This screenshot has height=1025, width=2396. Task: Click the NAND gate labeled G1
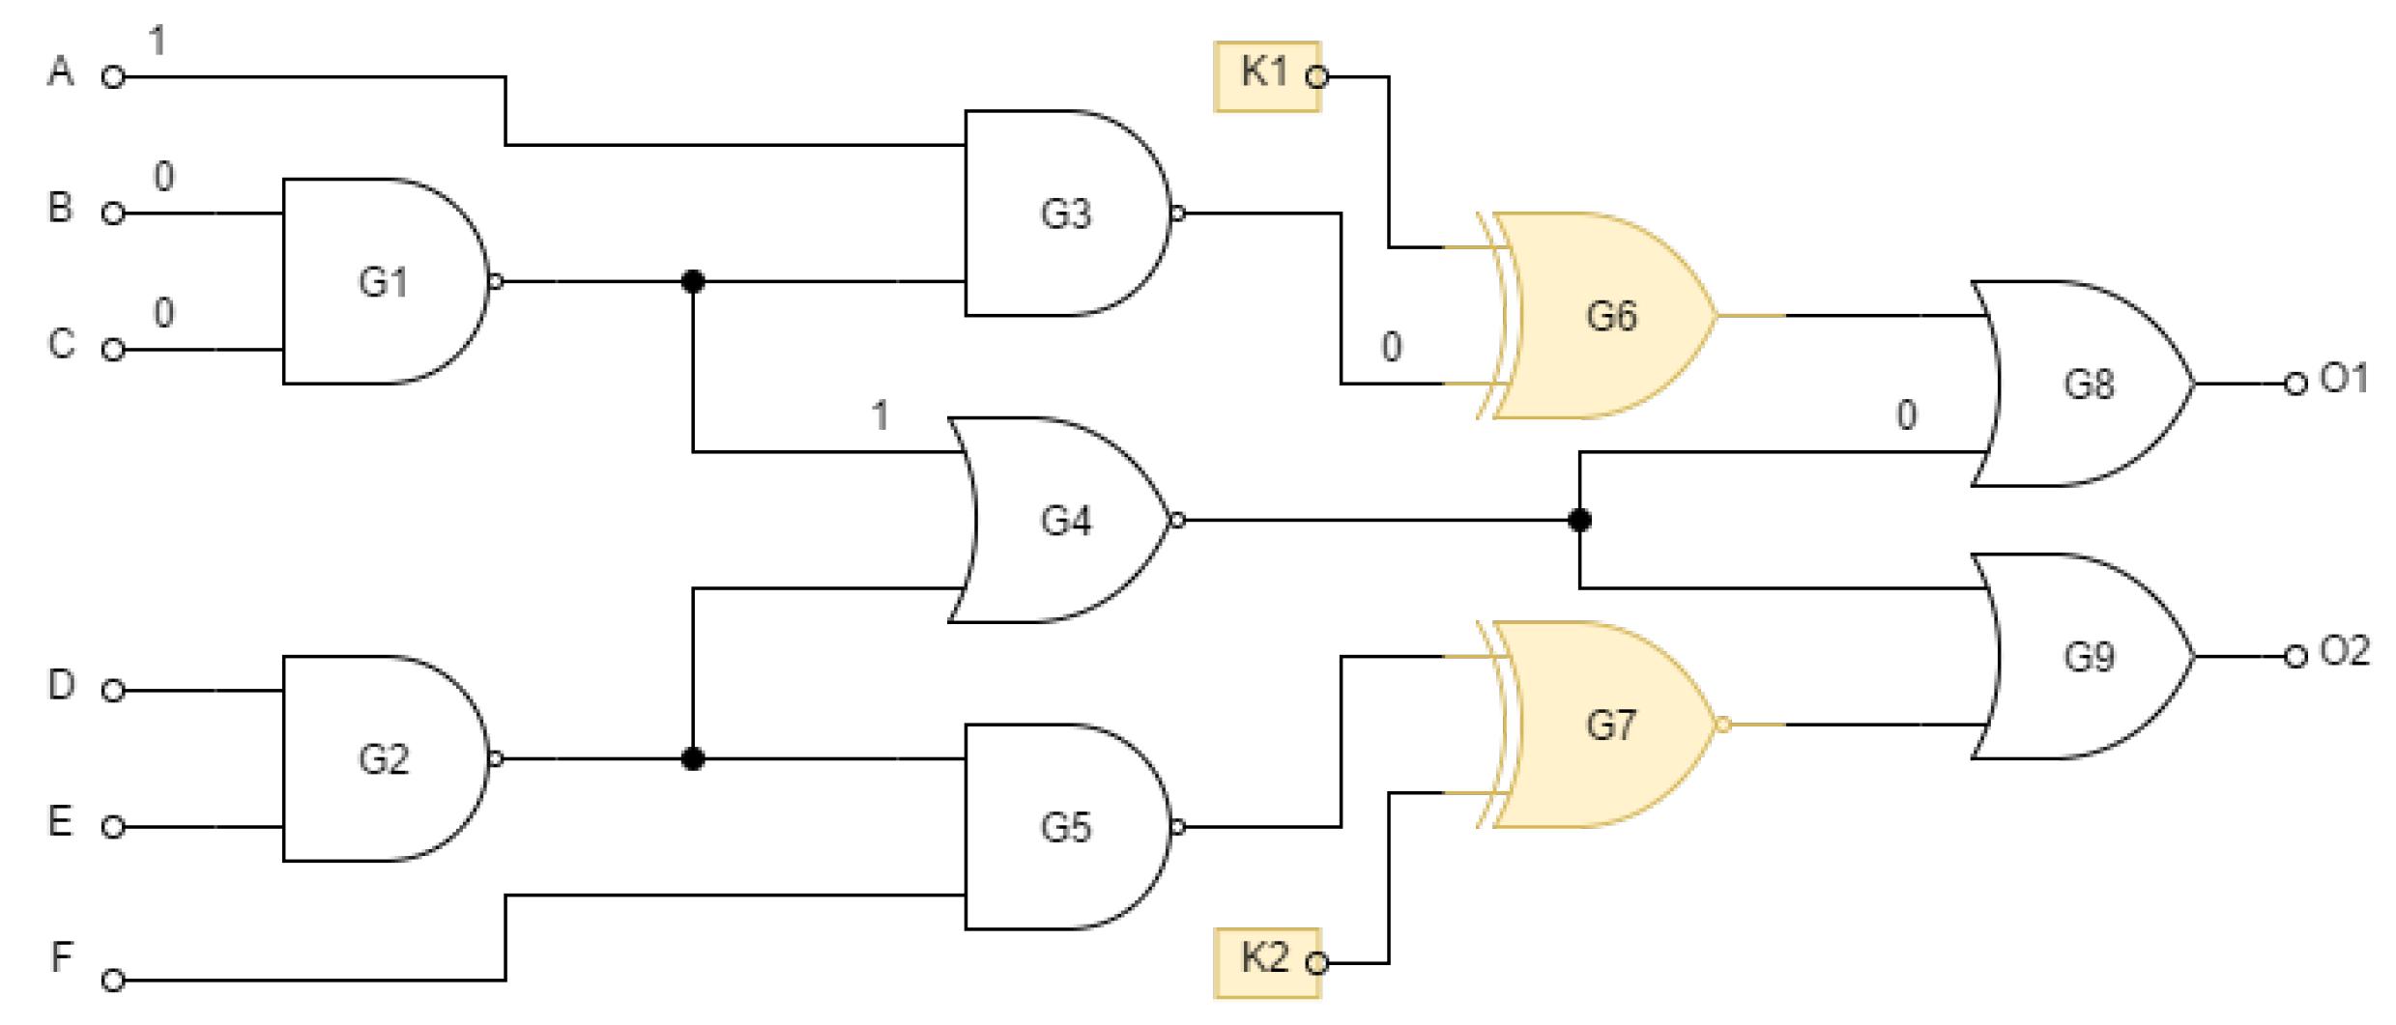pyautogui.click(x=384, y=281)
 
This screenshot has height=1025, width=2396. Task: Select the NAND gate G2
pyautogui.click(x=384, y=758)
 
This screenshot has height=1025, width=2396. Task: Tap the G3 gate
pyautogui.click(x=1065, y=214)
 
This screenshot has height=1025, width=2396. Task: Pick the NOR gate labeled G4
pyautogui.click(x=1065, y=520)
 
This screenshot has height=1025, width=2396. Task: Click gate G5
pyautogui.click(x=1065, y=827)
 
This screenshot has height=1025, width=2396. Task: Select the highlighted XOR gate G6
pyautogui.click(x=1609, y=316)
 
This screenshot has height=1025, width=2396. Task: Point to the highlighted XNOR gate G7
pyautogui.click(x=1609, y=725)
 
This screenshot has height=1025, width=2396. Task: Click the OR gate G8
pyautogui.click(x=2088, y=384)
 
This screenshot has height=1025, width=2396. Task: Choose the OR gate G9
pyautogui.click(x=2088, y=657)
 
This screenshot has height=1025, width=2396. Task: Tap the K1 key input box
pyautogui.click(x=1267, y=75)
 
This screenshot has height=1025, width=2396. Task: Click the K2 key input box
pyautogui.click(x=1267, y=962)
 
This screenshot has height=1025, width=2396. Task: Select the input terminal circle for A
pyautogui.click(x=113, y=77)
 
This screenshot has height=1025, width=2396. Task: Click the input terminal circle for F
pyautogui.click(x=113, y=981)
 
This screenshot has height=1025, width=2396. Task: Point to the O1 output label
pyautogui.click(x=2345, y=378)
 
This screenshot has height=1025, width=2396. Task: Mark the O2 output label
pyautogui.click(x=2345, y=651)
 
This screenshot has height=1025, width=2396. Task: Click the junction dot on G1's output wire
pyautogui.click(x=693, y=281)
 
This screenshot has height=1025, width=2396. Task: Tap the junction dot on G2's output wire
pyautogui.click(x=693, y=758)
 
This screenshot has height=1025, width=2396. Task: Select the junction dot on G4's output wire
pyautogui.click(x=1579, y=521)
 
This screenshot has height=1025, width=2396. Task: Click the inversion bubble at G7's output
pyautogui.click(x=1722, y=725)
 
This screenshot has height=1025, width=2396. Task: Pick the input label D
pyautogui.click(x=61, y=684)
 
